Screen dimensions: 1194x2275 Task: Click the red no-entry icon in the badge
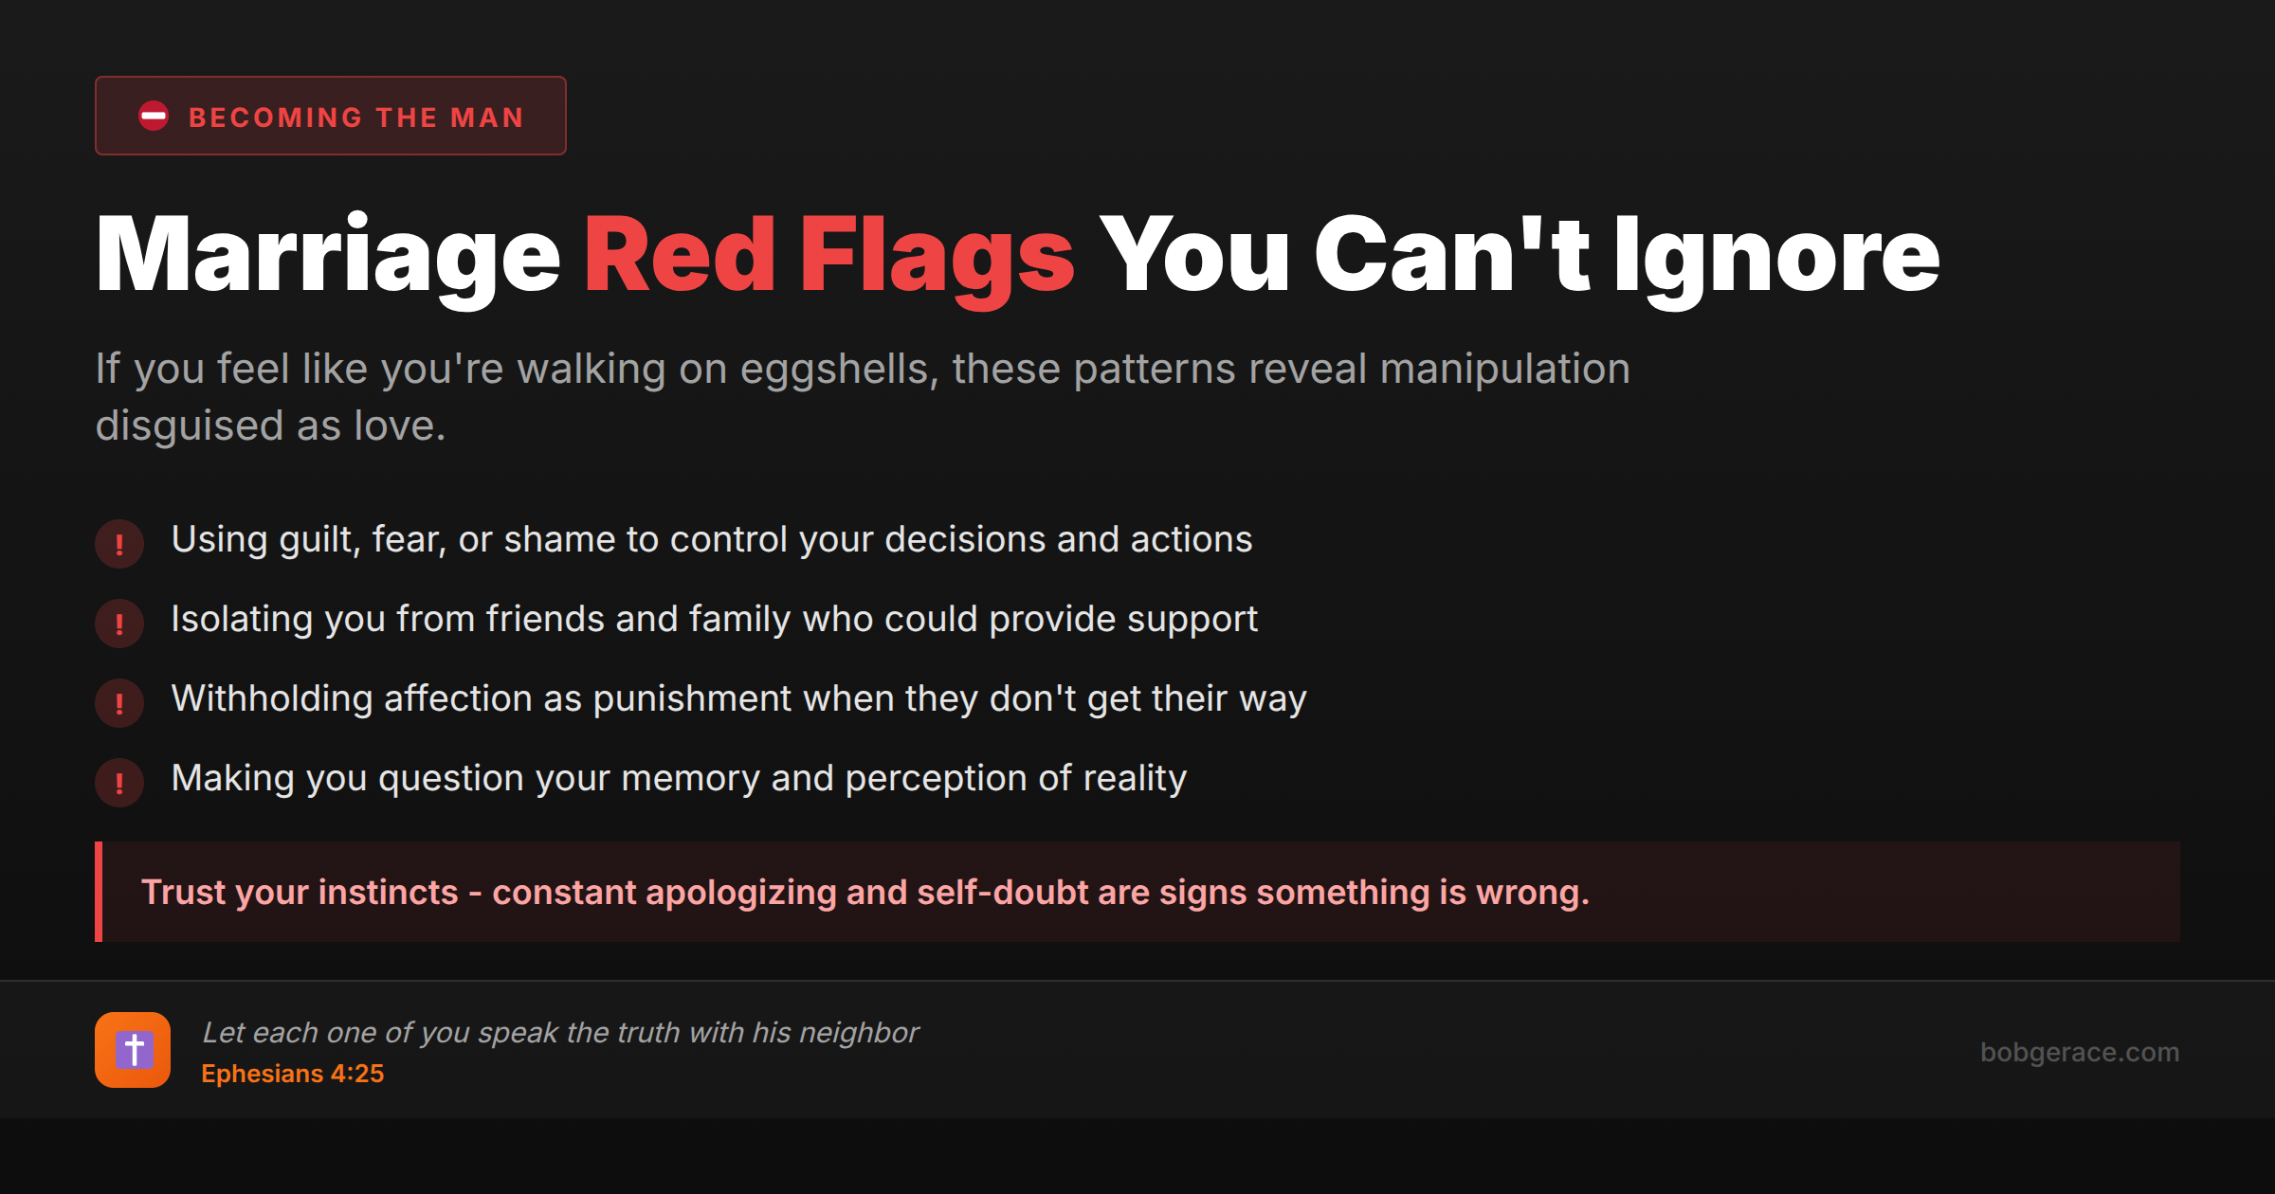coord(154,117)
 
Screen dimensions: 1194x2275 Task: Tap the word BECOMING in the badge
coord(276,118)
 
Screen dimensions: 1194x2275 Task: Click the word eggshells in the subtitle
coord(838,370)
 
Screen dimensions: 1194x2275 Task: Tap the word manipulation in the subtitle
coord(1504,370)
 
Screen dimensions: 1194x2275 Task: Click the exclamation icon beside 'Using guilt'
coord(119,544)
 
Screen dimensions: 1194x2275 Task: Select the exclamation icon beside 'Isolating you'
coord(119,624)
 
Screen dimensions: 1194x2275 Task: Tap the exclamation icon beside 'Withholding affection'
coord(119,703)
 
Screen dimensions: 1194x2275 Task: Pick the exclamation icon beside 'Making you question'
coord(119,783)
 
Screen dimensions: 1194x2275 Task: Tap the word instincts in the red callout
coord(388,893)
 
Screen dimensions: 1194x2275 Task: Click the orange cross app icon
coord(133,1050)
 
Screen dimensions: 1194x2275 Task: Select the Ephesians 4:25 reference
coord(293,1074)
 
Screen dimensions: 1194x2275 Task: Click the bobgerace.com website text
coord(2080,1052)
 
